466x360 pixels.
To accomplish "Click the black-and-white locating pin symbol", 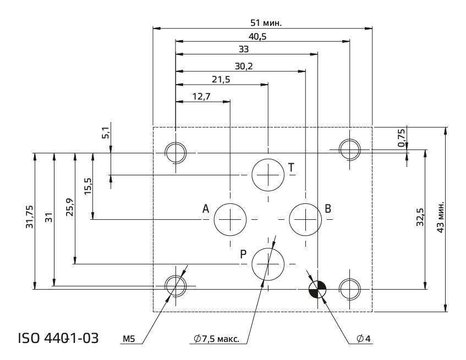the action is (317, 289).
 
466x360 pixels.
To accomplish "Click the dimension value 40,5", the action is (257, 36).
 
